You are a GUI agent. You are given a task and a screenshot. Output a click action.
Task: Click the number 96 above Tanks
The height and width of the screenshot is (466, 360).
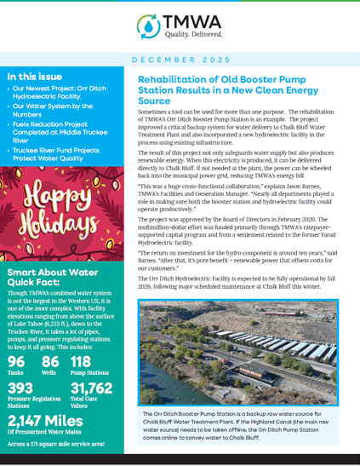click(x=16, y=361)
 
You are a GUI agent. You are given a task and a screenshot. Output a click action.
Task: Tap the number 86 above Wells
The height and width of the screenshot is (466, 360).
click(x=51, y=361)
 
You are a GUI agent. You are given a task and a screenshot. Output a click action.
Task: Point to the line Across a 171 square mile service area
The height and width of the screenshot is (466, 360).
click(x=57, y=444)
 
